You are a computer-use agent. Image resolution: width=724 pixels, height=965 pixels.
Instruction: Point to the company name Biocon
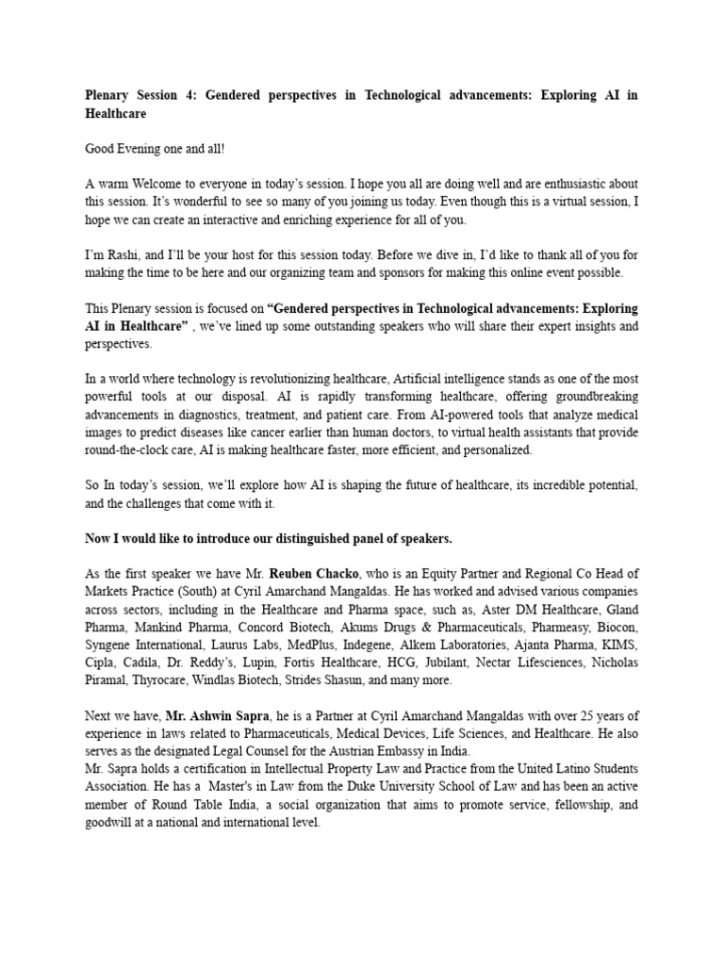(617, 628)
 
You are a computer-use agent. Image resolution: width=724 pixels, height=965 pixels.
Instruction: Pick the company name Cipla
(103, 663)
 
